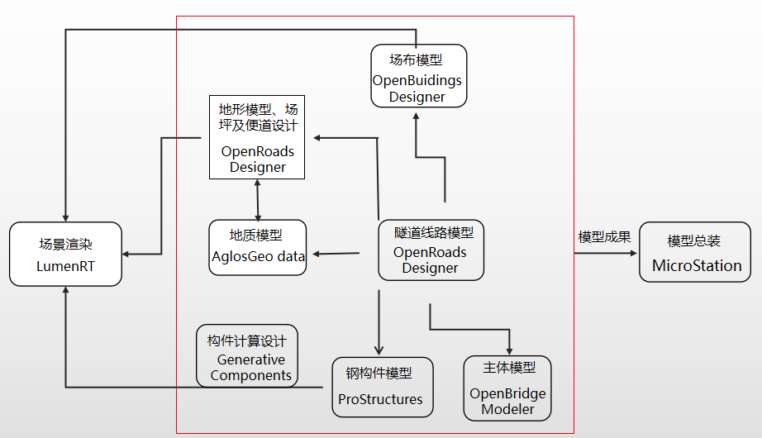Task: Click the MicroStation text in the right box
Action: click(696, 266)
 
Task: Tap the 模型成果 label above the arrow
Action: click(604, 237)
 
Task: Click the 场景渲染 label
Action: click(66, 245)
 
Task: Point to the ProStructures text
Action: click(380, 399)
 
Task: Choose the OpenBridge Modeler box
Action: click(507, 388)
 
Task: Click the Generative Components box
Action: click(246, 355)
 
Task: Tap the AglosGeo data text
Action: click(258, 256)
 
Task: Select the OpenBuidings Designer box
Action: click(418, 75)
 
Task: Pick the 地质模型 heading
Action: click(256, 236)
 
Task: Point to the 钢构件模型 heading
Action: click(379, 374)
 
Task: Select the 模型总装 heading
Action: click(694, 241)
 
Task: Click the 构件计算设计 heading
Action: click(245, 340)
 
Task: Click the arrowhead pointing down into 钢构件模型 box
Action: click(379, 350)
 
